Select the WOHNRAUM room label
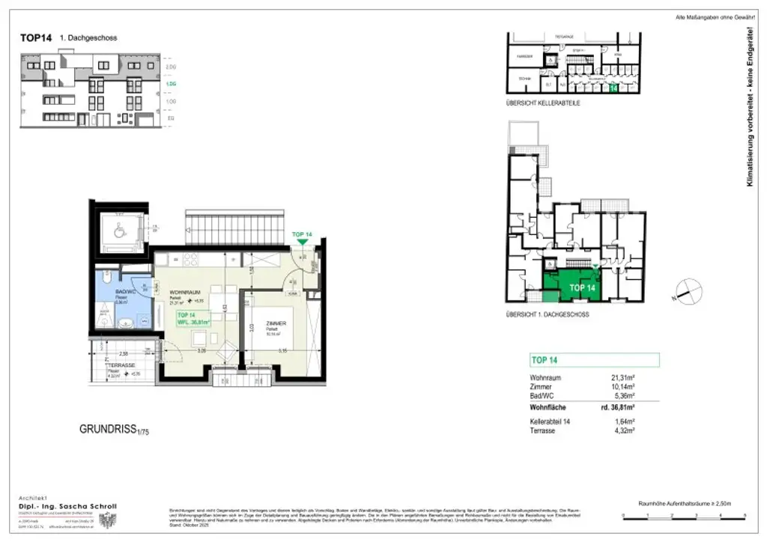(184, 292)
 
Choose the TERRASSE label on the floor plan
(121, 365)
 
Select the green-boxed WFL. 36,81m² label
(194, 319)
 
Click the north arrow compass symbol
(688, 291)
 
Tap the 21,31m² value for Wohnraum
(622, 378)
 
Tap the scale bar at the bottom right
(684, 516)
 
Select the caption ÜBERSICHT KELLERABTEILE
(542, 103)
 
